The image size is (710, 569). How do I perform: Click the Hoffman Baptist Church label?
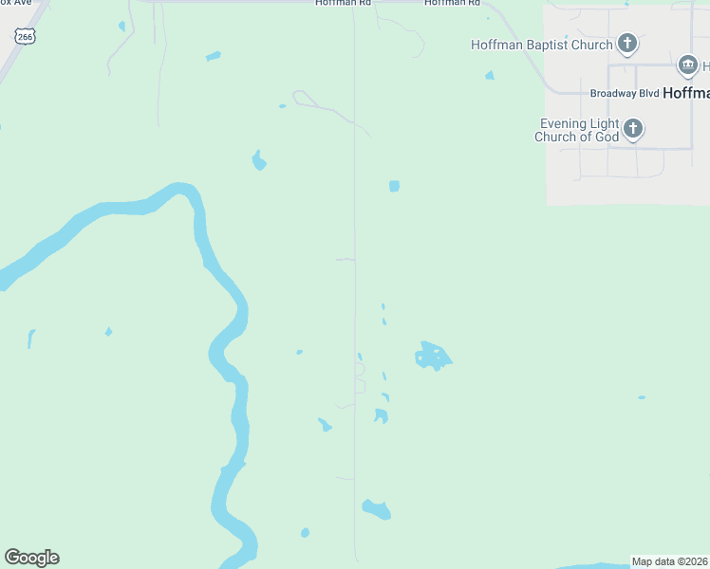click(x=542, y=45)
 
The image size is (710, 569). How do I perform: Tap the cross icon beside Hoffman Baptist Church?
click(x=626, y=43)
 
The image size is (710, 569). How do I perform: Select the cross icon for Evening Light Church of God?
click(x=633, y=129)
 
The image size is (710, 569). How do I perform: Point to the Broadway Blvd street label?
click(x=624, y=94)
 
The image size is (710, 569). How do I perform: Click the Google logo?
click(x=31, y=558)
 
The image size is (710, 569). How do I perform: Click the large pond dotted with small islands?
click(x=433, y=357)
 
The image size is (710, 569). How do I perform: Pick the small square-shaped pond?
click(x=394, y=186)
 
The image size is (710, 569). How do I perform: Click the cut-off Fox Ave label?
click(x=16, y=3)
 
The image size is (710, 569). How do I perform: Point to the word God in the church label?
click(x=608, y=137)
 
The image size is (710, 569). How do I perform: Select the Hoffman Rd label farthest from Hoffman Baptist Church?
click(x=338, y=3)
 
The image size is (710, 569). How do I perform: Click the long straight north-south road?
click(x=355, y=284)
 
